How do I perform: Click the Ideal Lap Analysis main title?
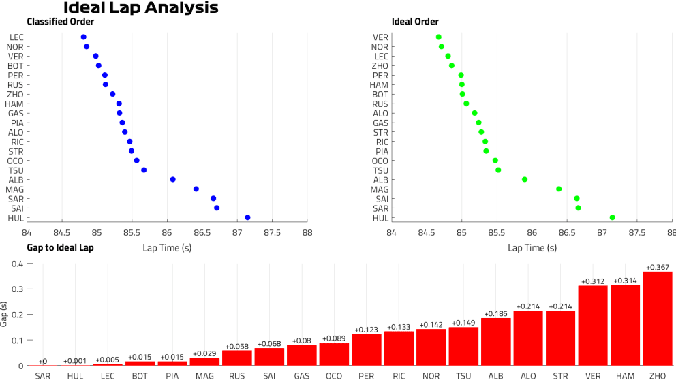pos(140,8)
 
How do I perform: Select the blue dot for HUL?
pos(247,217)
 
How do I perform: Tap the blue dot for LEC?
pos(83,37)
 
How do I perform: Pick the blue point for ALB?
pos(172,179)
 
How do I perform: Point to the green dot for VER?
pos(439,37)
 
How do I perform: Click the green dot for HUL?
pos(613,217)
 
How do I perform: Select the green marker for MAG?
pos(559,189)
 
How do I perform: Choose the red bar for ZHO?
pos(658,319)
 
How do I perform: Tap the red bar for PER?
pos(367,349)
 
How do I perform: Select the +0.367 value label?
pos(658,267)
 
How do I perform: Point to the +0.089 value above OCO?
pos(335,338)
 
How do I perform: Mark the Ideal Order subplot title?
pos(416,22)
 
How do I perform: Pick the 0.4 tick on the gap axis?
pos(18,264)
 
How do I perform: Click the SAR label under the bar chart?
pos(43,375)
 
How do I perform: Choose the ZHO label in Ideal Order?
pos(380,66)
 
